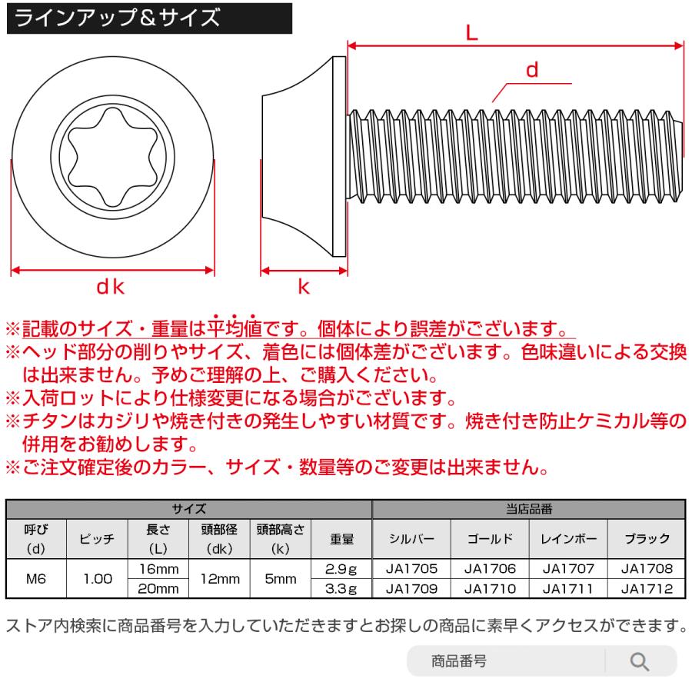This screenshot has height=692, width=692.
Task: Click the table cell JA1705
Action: (411, 570)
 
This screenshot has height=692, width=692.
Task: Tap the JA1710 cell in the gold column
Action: (490, 589)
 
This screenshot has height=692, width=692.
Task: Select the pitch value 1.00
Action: (98, 579)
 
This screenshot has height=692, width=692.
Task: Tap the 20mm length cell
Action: (162, 589)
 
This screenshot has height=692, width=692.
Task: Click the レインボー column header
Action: (569, 539)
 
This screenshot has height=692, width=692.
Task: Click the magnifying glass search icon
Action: (639, 660)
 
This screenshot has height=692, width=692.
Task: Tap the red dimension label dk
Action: (111, 288)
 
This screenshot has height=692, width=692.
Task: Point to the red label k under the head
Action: (304, 288)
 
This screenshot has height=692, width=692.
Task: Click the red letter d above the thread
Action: (531, 70)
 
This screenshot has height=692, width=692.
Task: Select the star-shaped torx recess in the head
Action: (111, 158)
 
